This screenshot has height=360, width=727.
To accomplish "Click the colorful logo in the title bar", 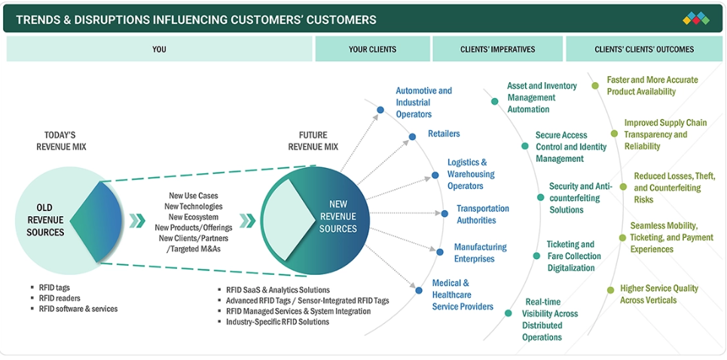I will pyautogui.click(x=696, y=19).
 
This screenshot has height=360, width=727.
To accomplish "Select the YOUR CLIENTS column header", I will pyautogui.click(x=372, y=50).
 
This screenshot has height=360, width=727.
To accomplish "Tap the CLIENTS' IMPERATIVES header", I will pyautogui.click(x=497, y=50).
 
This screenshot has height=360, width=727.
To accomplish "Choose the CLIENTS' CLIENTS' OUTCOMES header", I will pyautogui.click(x=644, y=50).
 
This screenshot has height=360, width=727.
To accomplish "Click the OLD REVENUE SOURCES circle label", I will pyautogui.click(x=45, y=220).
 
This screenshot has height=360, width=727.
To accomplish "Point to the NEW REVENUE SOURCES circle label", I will pyautogui.click(x=338, y=216).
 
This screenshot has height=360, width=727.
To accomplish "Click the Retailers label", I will pyautogui.click(x=444, y=134).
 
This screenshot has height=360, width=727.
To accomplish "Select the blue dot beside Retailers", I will pyautogui.click(x=412, y=137).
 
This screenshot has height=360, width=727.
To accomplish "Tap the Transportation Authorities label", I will pyautogui.click(x=482, y=215).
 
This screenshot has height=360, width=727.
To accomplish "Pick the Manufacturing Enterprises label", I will pyautogui.click(x=480, y=253).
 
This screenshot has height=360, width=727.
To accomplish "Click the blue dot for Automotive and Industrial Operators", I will pyautogui.click(x=380, y=109).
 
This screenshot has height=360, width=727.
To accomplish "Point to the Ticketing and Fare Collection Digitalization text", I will pyautogui.click(x=574, y=256).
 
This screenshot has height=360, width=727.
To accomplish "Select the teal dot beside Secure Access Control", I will pyautogui.click(x=525, y=146).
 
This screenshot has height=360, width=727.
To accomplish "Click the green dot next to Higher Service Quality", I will pyautogui.click(x=610, y=289).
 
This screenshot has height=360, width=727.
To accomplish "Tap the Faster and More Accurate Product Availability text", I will pyautogui.click(x=652, y=86).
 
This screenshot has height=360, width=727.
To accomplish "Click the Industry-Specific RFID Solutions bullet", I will pyautogui.click(x=277, y=322).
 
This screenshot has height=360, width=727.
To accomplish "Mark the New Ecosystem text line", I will pyautogui.click(x=194, y=217).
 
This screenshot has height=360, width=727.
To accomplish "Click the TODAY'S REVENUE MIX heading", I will pyautogui.click(x=61, y=141).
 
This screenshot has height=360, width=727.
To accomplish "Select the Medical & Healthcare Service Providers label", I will pyautogui.click(x=462, y=295).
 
